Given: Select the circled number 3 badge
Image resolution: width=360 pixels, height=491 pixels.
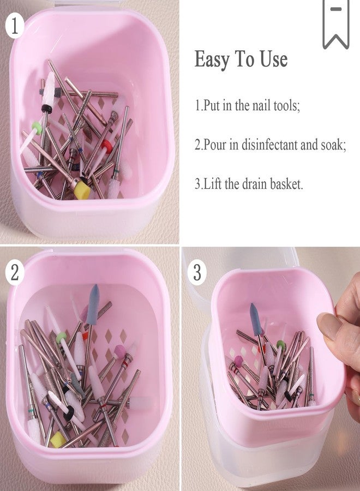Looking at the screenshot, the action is pyautogui.click(x=197, y=272).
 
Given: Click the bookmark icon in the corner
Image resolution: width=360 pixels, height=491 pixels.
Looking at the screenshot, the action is pyautogui.click(x=335, y=23).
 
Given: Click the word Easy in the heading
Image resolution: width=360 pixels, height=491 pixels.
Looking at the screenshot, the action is pyautogui.click(x=210, y=59).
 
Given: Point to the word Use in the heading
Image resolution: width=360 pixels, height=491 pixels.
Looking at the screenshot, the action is pyautogui.click(x=273, y=59).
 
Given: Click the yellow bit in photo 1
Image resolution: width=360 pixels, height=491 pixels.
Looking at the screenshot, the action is pyautogui.click(x=82, y=188).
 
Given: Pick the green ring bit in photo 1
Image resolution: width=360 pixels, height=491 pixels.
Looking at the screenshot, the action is pyautogui.click(x=37, y=128).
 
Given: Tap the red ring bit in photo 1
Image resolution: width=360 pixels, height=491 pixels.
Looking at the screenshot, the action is pyautogui.click(x=106, y=146).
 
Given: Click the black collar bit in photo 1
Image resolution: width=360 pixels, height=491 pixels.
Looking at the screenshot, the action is pyautogui.click(x=47, y=108).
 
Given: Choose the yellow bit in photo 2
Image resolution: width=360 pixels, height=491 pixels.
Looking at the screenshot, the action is pyautogui.click(x=58, y=439).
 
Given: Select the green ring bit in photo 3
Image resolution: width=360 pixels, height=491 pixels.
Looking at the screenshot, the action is pyautogui.click(x=281, y=345).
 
